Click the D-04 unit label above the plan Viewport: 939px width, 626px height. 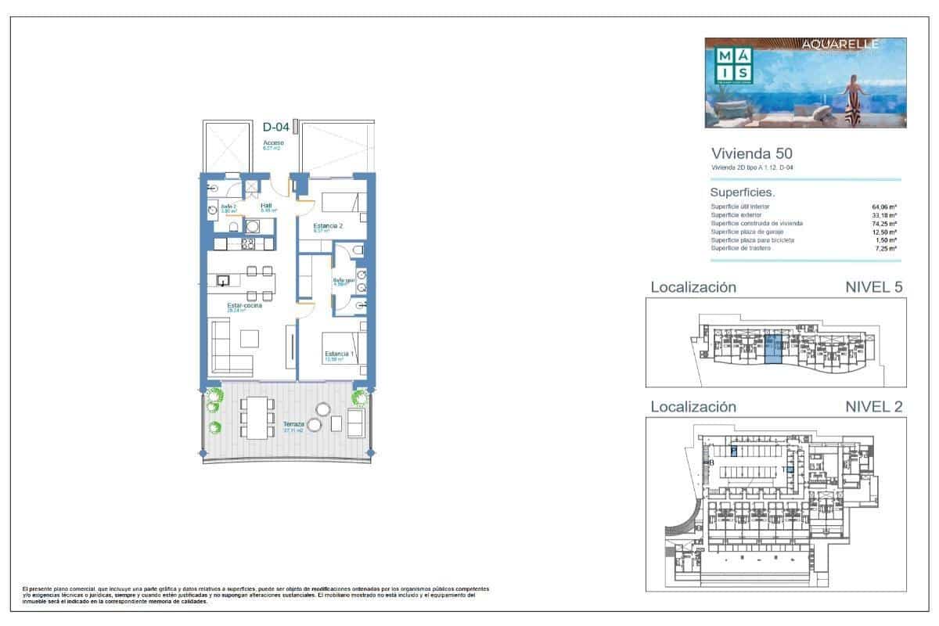pyautogui.click(x=276, y=127)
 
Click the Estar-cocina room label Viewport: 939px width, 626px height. pyautogui.click(x=244, y=307)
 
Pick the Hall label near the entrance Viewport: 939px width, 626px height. pyautogui.click(x=266, y=207)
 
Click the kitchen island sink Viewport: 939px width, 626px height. pyautogui.click(x=225, y=280)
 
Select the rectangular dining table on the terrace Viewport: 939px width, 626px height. pyautogui.click(x=257, y=418)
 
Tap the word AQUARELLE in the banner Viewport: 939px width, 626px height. pyautogui.click(x=840, y=45)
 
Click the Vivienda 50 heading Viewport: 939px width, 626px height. pyautogui.click(x=751, y=153)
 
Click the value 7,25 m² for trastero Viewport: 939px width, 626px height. pyautogui.click(x=884, y=248)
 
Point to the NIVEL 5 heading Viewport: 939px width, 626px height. pyautogui.click(x=874, y=287)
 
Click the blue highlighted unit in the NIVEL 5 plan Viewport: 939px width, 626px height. pyautogui.click(x=772, y=348)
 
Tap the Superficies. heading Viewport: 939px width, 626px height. pyautogui.click(x=742, y=192)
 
